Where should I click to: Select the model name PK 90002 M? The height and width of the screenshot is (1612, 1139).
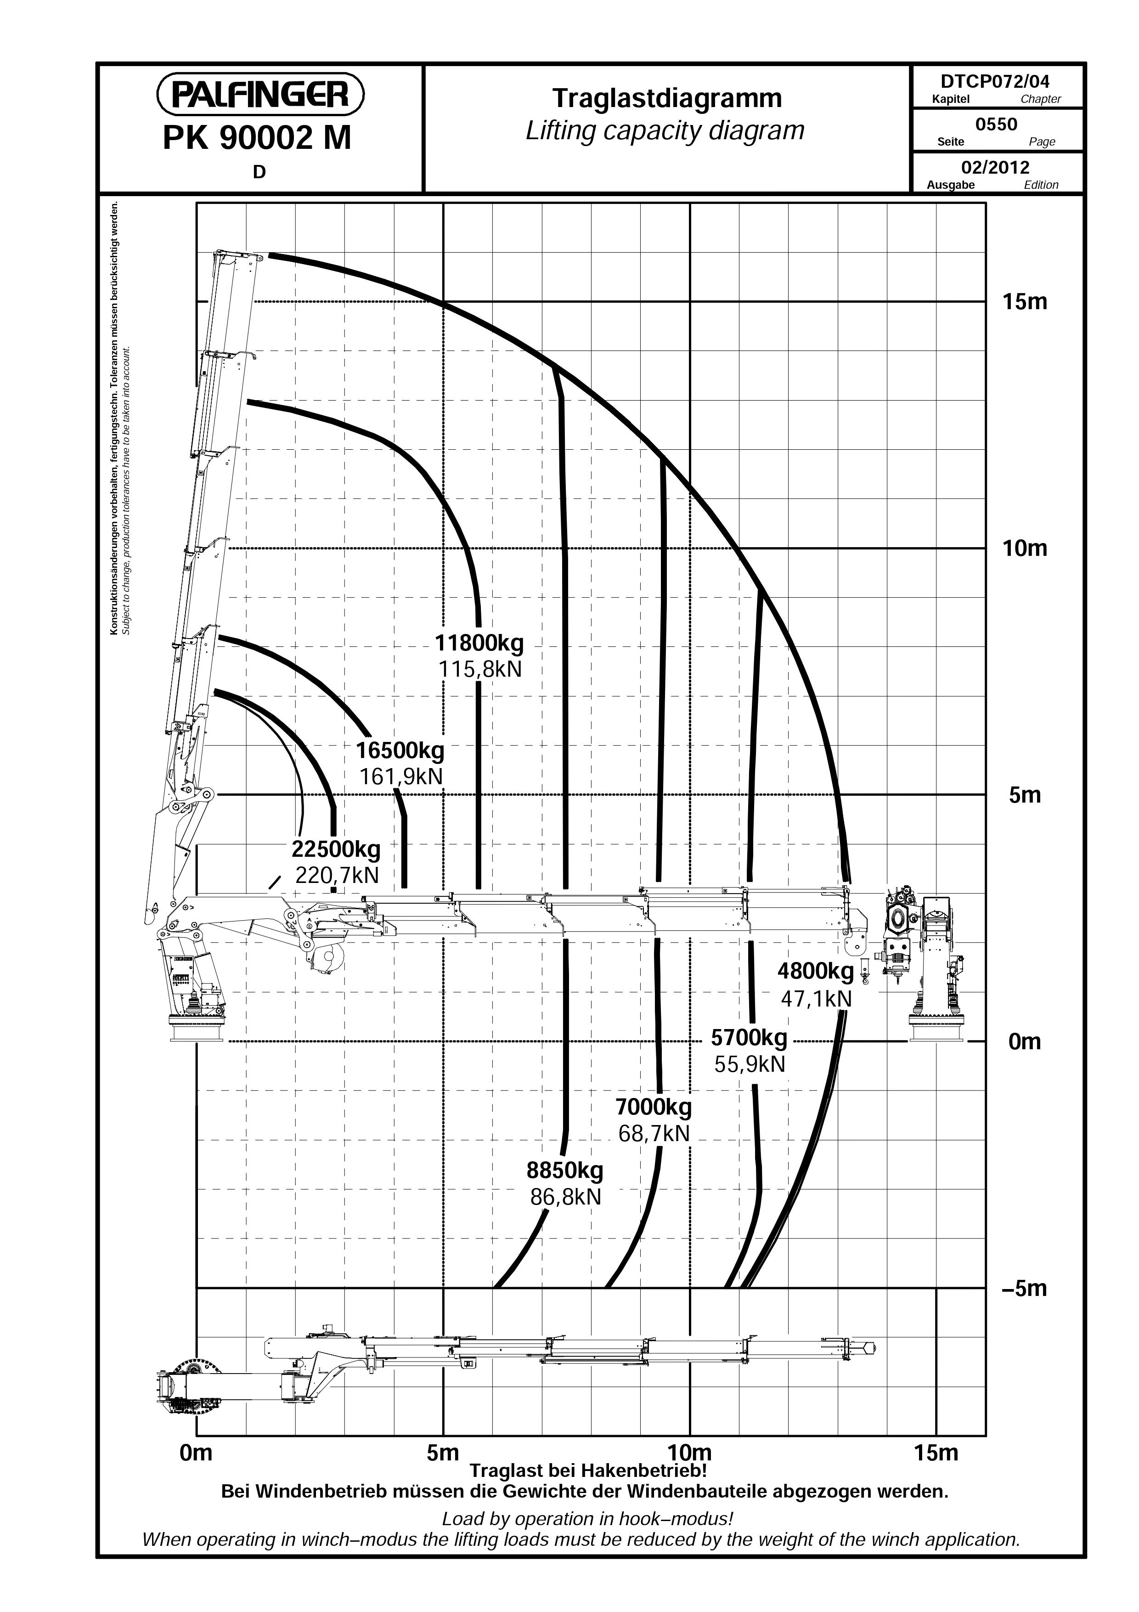257,138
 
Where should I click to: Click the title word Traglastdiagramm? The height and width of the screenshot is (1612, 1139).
667,98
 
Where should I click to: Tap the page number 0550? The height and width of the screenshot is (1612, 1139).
997,124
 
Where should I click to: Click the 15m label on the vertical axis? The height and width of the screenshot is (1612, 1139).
1025,302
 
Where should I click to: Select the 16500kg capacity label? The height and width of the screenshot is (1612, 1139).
400,751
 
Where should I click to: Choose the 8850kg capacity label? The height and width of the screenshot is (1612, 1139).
565,1171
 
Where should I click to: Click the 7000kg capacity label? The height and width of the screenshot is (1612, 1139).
654,1107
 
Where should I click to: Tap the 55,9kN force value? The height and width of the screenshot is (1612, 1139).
750,1064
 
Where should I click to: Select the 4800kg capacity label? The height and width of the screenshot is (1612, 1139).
816,972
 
